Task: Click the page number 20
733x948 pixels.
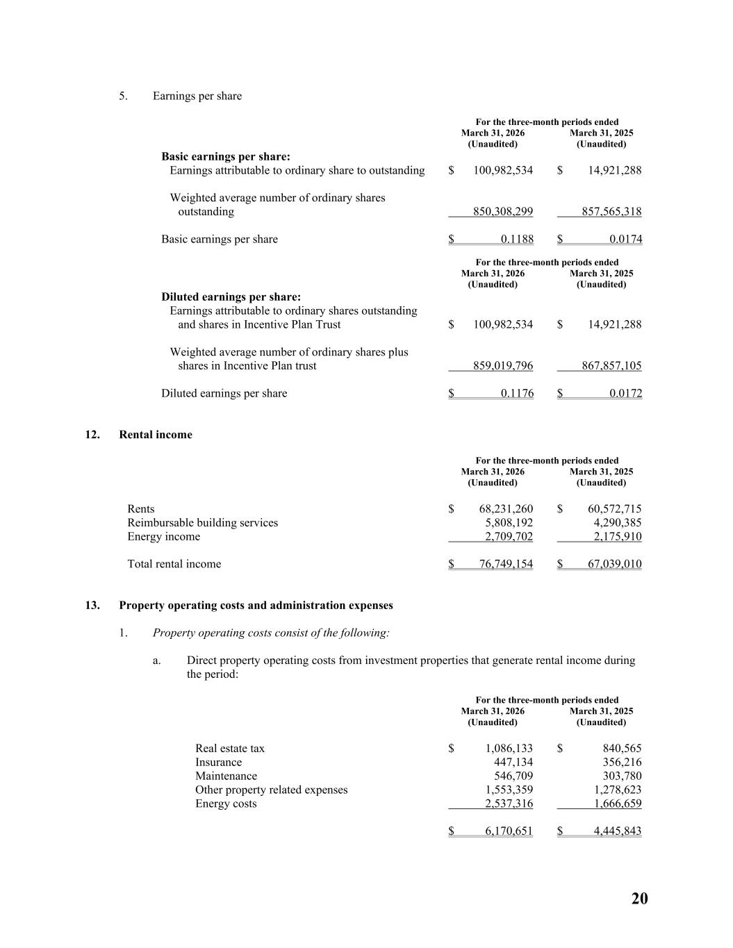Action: pyautogui.click(x=639, y=899)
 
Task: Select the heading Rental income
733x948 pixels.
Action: pyautogui.click(x=156, y=435)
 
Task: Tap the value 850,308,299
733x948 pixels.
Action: pyautogui.click(x=503, y=212)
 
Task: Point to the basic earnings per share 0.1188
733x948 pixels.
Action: pyautogui.click(x=517, y=240)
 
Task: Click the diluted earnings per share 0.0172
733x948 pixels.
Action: pyautogui.click(x=625, y=394)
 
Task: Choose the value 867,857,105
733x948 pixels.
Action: pyautogui.click(x=611, y=366)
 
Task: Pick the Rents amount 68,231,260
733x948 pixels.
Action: pyautogui.click(x=506, y=509)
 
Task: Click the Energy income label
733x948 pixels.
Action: pyautogui.click(x=163, y=537)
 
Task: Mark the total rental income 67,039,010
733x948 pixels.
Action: pyautogui.click(x=614, y=564)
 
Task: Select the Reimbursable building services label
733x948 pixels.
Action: pyautogui.click(x=202, y=523)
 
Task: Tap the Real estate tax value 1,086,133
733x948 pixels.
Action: pyautogui.click(x=509, y=749)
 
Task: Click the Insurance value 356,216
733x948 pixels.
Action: pyautogui.click(x=622, y=763)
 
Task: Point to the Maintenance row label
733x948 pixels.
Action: pyautogui.click(x=226, y=776)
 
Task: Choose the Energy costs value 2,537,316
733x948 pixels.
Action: pyautogui.click(x=509, y=804)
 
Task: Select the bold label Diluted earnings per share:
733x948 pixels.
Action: pyautogui.click(x=231, y=297)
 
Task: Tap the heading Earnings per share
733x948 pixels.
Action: pyautogui.click(x=197, y=96)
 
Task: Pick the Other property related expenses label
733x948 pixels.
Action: pyautogui.click(x=271, y=790)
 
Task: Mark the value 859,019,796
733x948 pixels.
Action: pyautogui.click(x=503, y=366)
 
